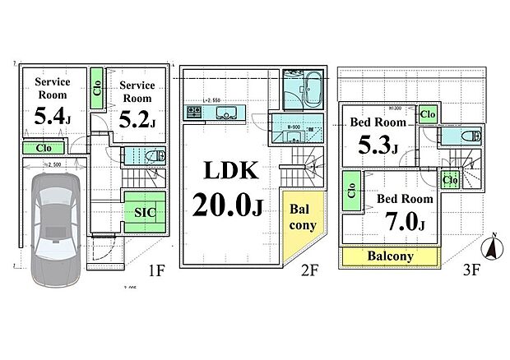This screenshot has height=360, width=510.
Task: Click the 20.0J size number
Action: tap(228, 204)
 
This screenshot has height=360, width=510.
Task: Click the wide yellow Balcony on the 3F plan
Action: tap(389, 256)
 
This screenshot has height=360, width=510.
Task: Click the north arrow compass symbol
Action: tap(492, 245)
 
